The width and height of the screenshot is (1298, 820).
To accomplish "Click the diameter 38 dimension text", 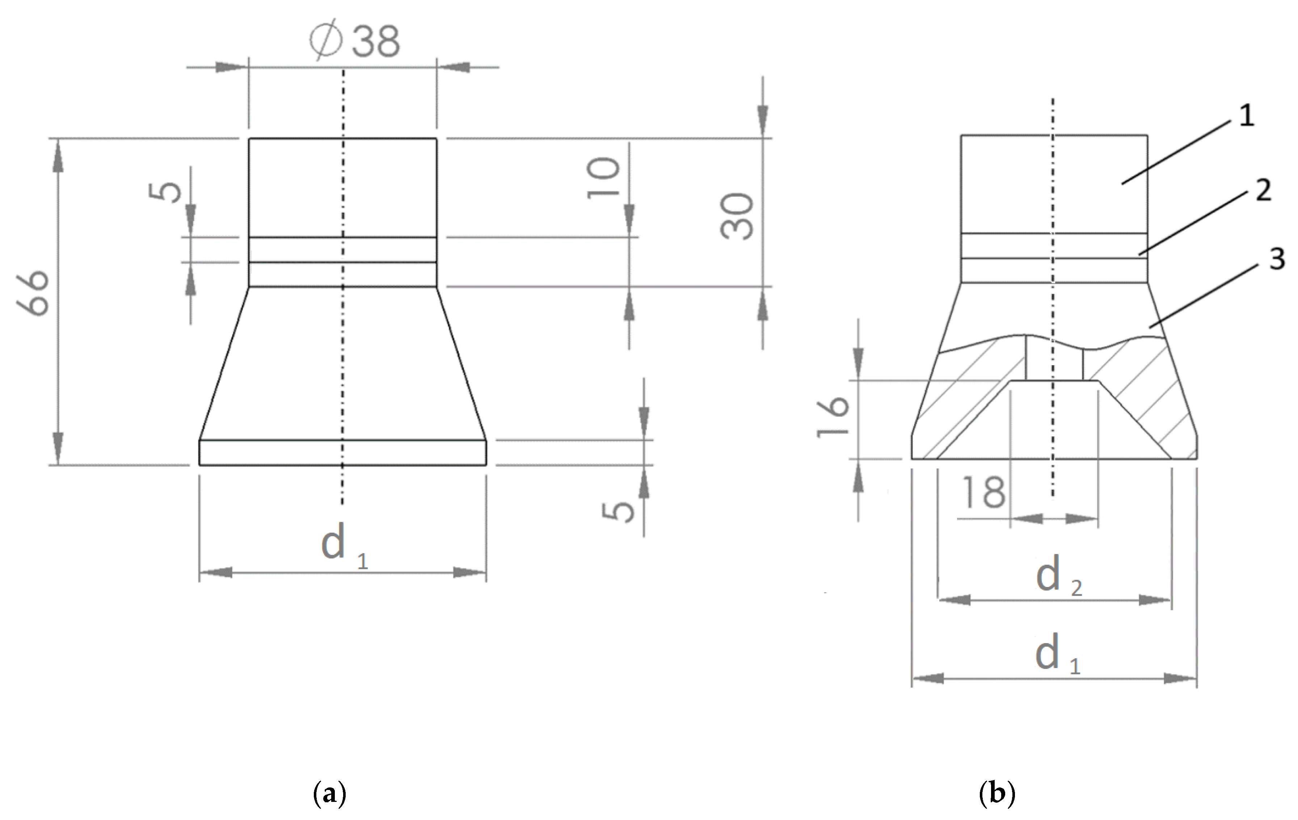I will pyautogui.click(x=356, y=41).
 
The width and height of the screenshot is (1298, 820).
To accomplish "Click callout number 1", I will pyautogui.click(x=1246, y=116).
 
